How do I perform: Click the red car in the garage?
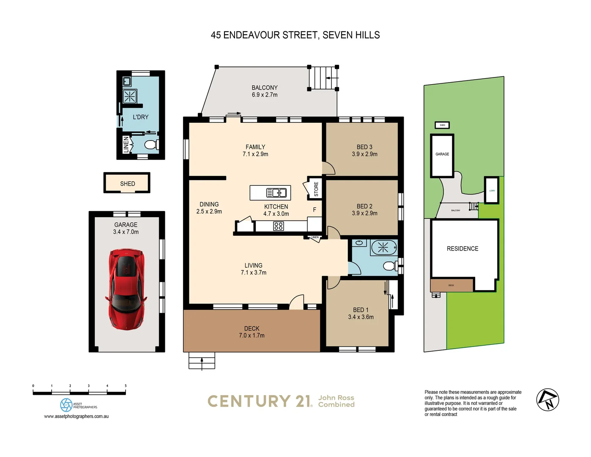pos(126,289)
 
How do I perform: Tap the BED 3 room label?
pos(364,147)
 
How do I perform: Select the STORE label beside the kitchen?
pos(316,189)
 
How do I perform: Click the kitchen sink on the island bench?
pos(276,193)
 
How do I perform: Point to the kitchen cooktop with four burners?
pos(278,226)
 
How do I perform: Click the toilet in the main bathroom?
pos(389,266)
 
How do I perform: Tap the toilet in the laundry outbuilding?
pos(150,145)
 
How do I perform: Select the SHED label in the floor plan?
pos(127,184)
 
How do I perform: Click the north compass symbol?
pos(547,400)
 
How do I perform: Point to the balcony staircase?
pos(323,78)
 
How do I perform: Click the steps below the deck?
pos(202,361)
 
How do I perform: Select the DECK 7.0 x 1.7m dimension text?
pos(252,336)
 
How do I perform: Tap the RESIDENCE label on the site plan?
pos(462,249)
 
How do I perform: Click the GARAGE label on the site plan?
pos(442,154)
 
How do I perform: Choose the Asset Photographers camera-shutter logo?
pos(66,405)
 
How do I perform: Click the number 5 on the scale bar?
pos(126,386)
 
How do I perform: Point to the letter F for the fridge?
pos(314,210)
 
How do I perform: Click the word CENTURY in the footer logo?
pos(249,401)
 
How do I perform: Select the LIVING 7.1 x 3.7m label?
pos(253,269)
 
